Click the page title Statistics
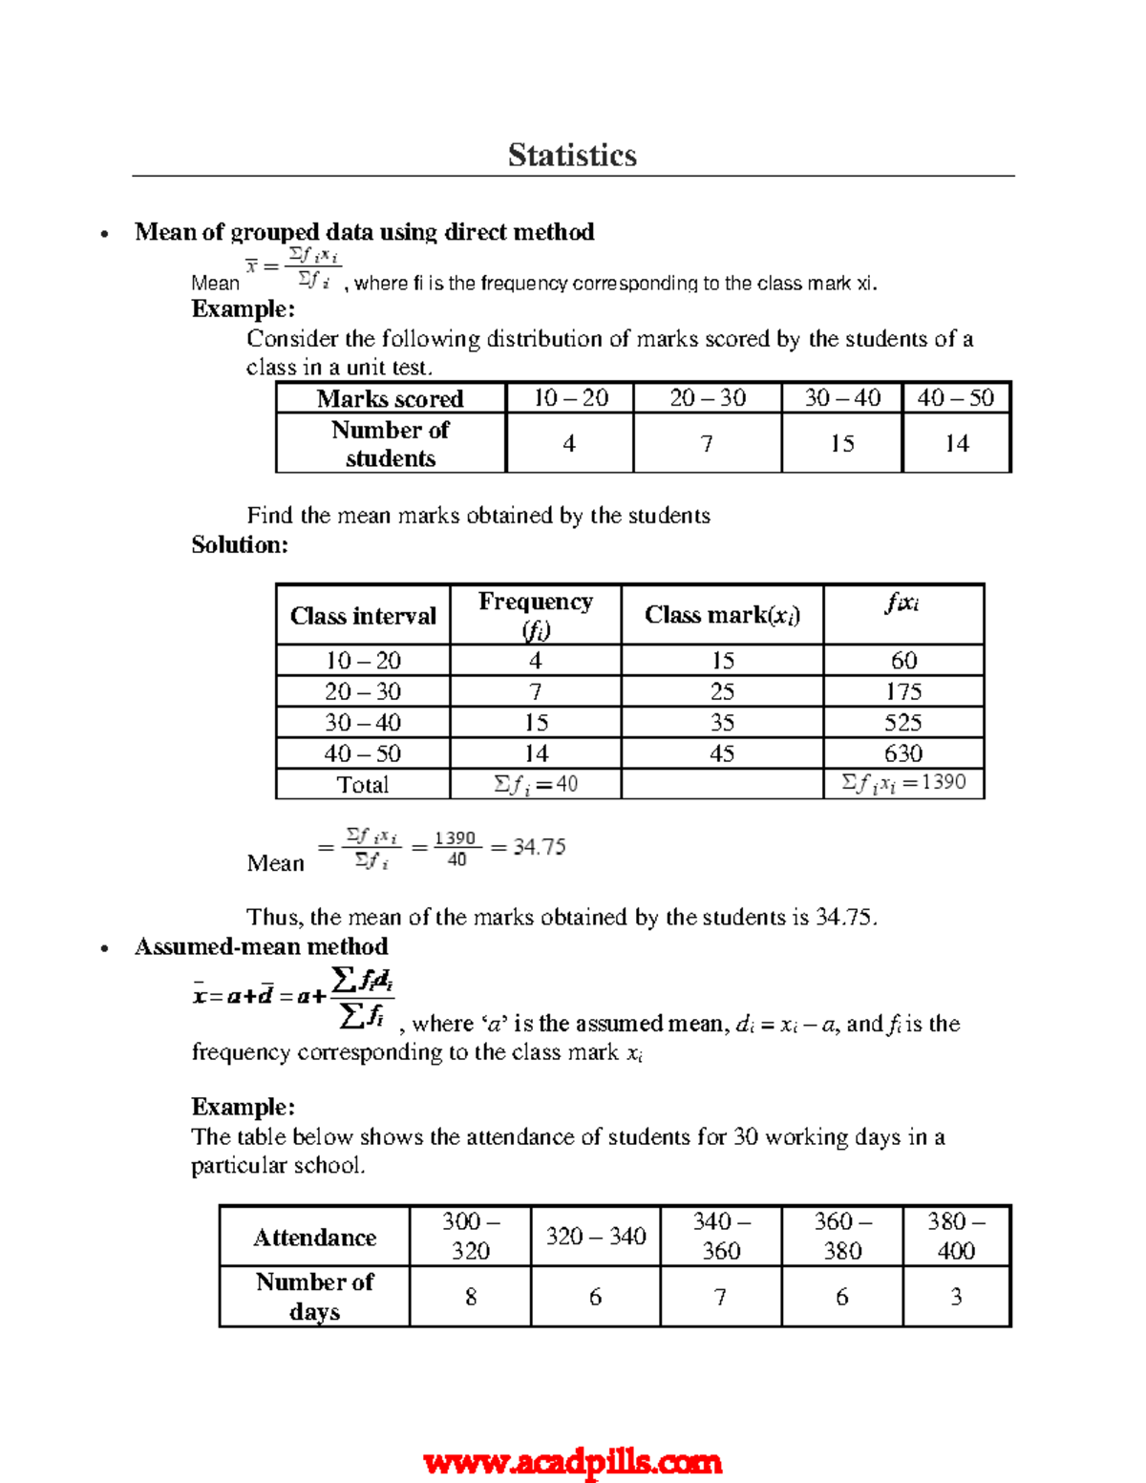572,155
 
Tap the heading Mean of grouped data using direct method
364,232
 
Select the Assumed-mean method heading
261,946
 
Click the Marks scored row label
390,398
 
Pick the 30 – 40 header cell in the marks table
841,398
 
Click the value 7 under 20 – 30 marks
706,443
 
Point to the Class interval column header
363,616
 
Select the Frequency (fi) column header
535,615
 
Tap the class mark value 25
722,691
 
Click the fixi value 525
902,723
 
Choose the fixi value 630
902,753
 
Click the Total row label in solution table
362,785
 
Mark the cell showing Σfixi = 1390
903,784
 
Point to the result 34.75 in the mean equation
539,847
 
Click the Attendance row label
314,1238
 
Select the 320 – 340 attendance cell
595,1237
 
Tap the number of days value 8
471,1297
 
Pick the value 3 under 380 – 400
956,1297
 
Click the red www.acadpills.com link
572,1462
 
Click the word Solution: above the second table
240,545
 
